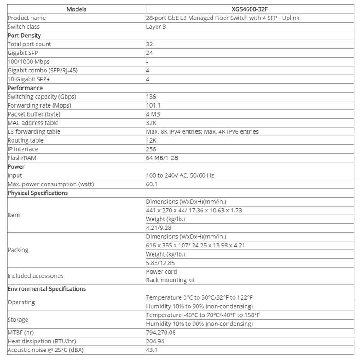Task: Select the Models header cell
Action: coord(76,9)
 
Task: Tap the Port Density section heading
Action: coord(24,36)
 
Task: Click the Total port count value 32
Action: coord(150,44)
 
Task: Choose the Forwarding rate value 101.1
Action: coord(153,105)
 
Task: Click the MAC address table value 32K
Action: coord(151,123)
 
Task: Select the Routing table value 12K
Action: coord(151,140)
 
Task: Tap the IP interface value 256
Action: coord(151,149)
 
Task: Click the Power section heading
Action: coord(16,166)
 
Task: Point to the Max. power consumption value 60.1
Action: coord(153,184)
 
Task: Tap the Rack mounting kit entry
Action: coord(171,280)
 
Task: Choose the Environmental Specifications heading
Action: coord(47,289)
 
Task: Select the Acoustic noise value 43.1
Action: coord(152,350)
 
